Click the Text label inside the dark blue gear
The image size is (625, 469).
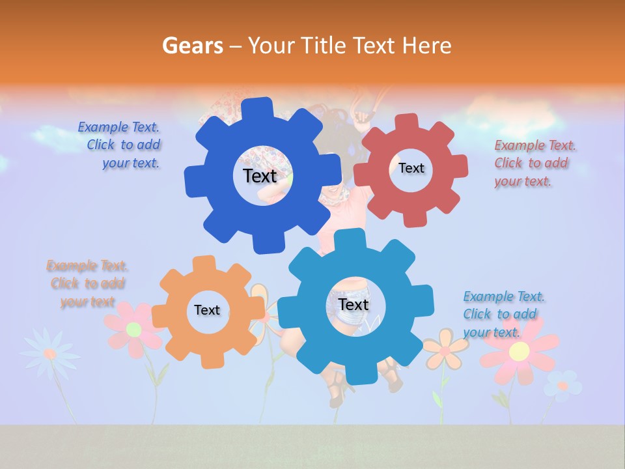(260, 176)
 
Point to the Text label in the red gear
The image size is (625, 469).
(411, 168)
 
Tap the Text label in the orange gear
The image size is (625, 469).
(207, 310)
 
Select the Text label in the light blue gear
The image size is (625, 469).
(354, 304)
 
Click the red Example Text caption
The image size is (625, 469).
(534, 163)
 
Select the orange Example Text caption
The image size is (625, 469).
(87, 284)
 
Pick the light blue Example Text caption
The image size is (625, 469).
(503, 314)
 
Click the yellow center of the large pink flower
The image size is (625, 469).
(519, 352)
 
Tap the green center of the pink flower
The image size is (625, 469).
(133, 329)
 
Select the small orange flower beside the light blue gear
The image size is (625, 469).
(445, 348)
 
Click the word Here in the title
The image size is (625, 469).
(426, 46)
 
